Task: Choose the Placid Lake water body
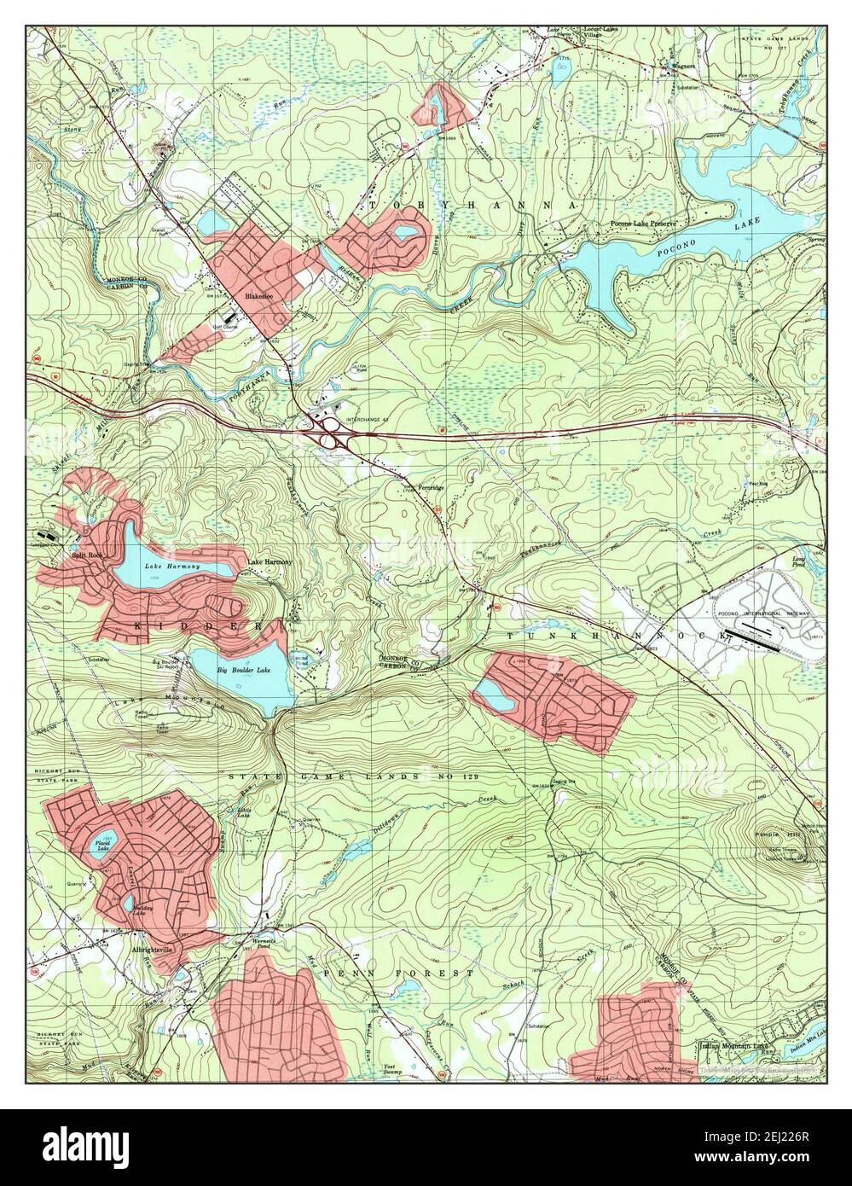tap(101, 845)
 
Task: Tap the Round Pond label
tap(301, 658)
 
